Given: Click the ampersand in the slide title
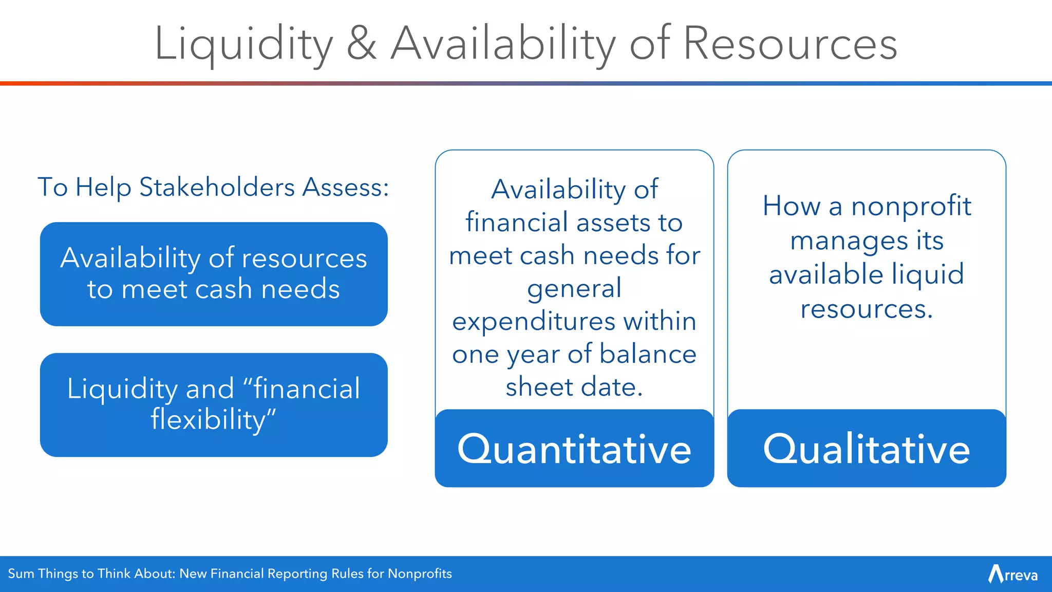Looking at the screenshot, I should point(362,44).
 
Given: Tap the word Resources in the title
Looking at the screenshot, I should point(790,44).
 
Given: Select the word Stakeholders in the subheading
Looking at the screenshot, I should point(217,187).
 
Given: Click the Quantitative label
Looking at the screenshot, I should point(574,449).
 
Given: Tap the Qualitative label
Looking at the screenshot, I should point(867,449).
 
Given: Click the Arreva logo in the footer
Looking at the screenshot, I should point(1012,574).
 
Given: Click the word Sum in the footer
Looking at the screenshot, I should point(21,573).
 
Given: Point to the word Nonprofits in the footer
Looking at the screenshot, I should point(420,573).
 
